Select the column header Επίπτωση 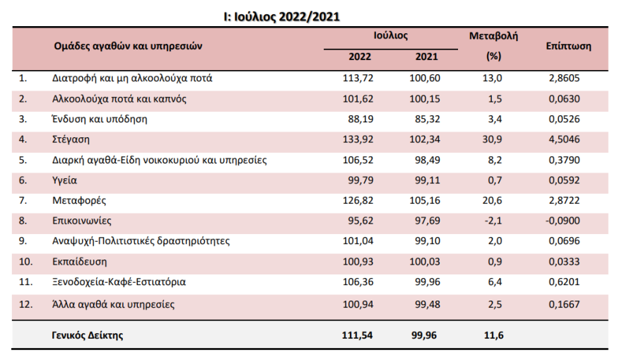[568, 45]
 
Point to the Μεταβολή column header [493, 36]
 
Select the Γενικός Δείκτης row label [88, 335]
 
